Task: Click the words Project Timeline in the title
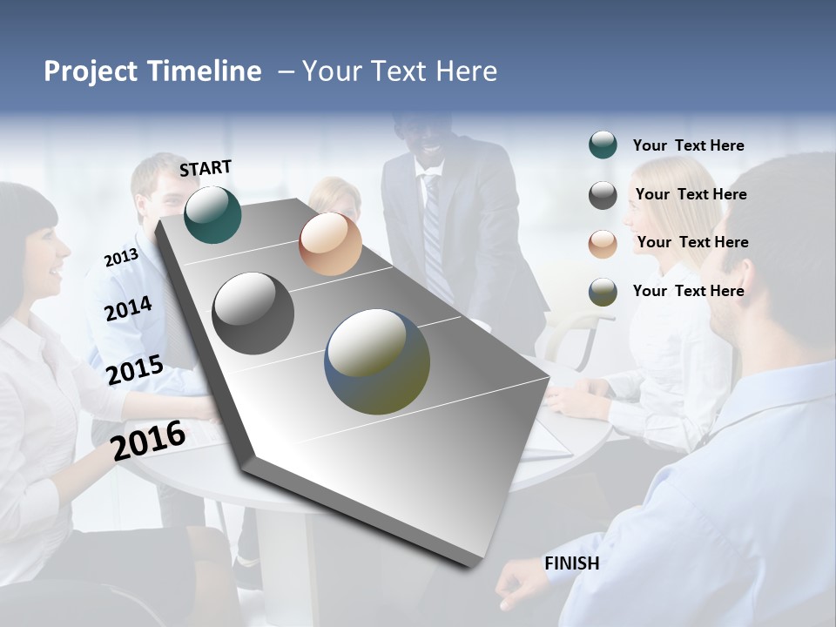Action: [152, 71]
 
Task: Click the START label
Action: [206, 168]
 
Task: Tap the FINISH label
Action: [572, 563]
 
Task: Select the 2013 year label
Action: [121, 257]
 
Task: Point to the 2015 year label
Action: [135, 370]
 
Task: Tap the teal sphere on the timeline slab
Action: [213, 214]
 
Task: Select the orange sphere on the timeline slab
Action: [330, 244]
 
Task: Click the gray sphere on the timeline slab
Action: [253, 313]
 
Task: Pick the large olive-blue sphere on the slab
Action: [377, 361]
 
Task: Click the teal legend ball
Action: [603, 145]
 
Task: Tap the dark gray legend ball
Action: [603, 195]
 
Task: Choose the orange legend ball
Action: [603, 244]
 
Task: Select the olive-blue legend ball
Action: [603, 292]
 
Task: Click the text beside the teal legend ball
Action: [688, 145]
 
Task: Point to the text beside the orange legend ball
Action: [692, 242]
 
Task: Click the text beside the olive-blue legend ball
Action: [688, 291]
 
